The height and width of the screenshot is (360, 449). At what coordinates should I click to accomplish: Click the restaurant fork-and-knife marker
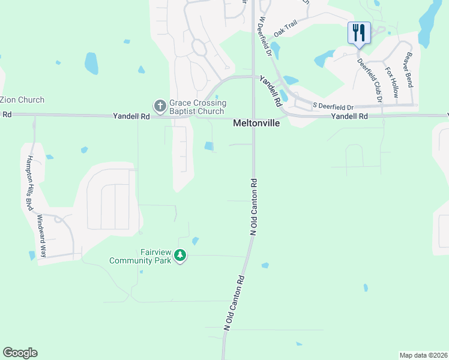[360, 32]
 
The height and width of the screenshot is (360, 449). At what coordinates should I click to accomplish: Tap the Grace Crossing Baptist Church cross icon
[160, 106]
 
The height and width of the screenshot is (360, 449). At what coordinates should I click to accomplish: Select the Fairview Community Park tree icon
[180, 256]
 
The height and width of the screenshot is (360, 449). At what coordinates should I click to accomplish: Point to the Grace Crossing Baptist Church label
[197, 107]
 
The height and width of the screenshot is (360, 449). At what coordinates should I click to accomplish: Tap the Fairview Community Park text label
[140, 257]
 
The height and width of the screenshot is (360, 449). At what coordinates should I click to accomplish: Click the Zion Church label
[22, 100]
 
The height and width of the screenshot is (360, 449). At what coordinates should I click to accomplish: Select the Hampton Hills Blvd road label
[28, 183]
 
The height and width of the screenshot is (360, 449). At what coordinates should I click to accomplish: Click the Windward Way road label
[42, 236]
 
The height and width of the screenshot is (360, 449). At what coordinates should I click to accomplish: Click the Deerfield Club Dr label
[370, 81]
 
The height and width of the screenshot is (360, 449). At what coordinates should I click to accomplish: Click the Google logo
[20, 352]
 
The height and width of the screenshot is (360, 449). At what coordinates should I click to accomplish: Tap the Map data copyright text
[423, 355]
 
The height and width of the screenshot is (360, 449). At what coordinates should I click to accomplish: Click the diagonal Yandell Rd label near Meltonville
[271, 91]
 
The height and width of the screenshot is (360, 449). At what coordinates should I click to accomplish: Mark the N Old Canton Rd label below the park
[235, 302]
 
